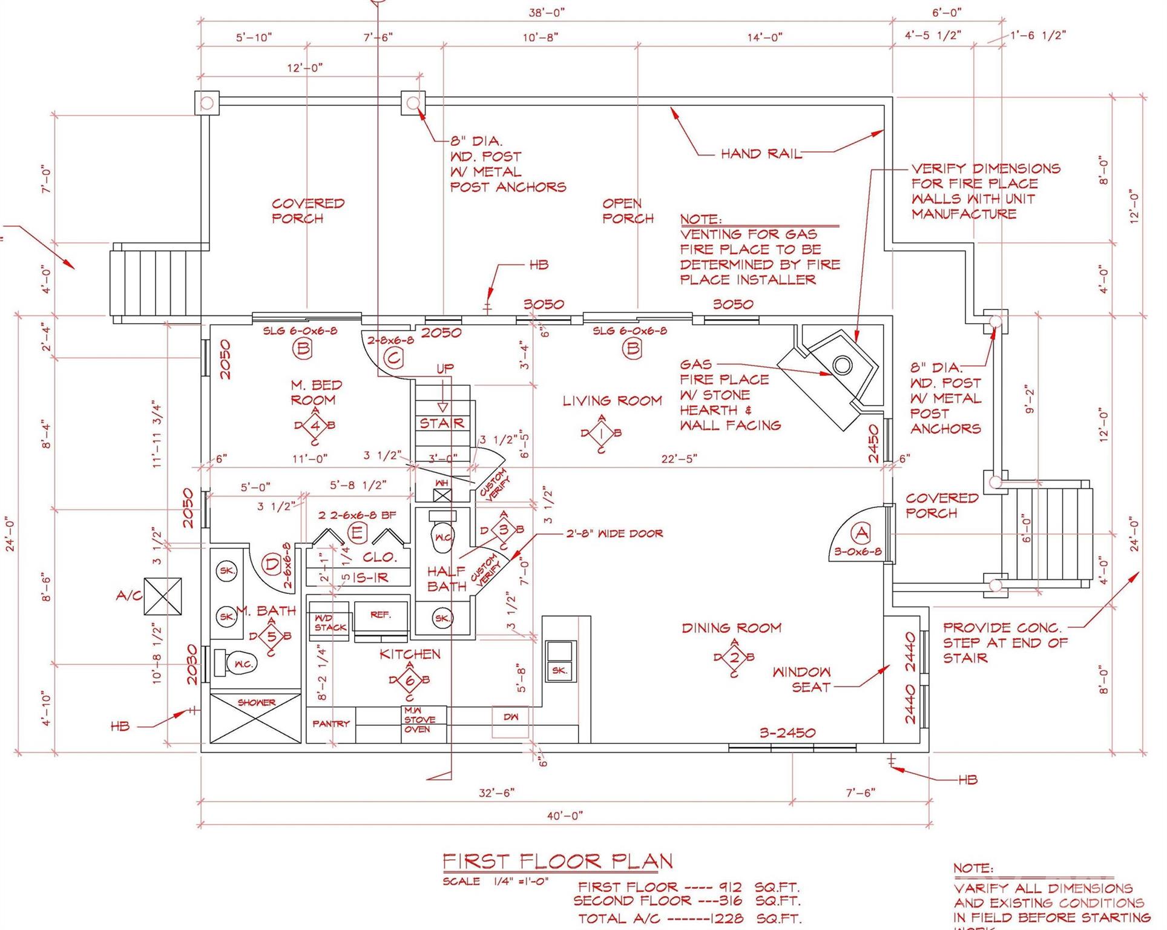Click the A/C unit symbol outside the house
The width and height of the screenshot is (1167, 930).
click(x=162, y=596)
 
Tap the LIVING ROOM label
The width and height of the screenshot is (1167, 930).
click(x=612, y=401)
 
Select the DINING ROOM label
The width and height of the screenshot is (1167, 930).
click(x=731, y=628)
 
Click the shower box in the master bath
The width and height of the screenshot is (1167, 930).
click(x=255, y=719)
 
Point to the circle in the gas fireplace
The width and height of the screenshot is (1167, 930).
click(x=842, y=365)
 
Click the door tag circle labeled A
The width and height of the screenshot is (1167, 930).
click(x=860, y=533)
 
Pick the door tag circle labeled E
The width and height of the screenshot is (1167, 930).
click(x=357, y=533)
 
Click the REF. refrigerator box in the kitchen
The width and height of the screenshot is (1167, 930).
click(x=381, y=615)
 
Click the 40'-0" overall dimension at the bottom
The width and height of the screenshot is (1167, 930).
click(x=564, y=816)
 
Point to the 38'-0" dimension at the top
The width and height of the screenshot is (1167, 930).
click(x=547, y=12)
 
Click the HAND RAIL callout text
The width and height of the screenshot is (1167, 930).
click(x=760, y=154)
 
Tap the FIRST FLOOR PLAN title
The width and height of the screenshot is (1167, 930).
click(x=557, y=861)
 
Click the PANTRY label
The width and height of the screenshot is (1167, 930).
click(x=330, y=724)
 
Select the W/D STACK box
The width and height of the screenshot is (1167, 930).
click(x=330, y=623)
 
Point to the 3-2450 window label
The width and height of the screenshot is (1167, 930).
click(x=787, y=733)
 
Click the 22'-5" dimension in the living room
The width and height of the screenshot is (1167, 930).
click(x=679, y=459)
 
